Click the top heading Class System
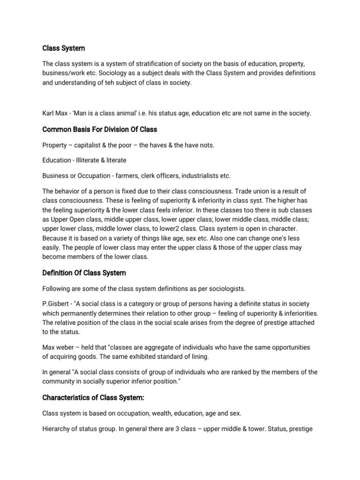(x=64, y=48)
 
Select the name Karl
(x=50, y=114)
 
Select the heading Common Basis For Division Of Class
(x=100, y=129)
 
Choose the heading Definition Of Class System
(x=84, y=272)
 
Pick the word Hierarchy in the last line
(x=59, y=429)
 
